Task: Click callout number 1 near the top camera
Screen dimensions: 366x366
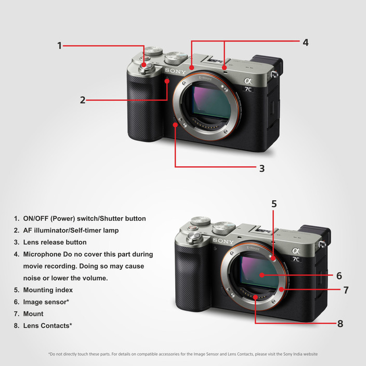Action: pyautogui.click(x=60, y=46)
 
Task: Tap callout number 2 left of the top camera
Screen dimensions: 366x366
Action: pyautogui.click(x=83, y=100)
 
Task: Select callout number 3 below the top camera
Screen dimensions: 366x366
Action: pyautogui.click(x=262, y=168)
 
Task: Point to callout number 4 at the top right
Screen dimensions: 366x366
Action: pyautogui.click(x=306, y=43)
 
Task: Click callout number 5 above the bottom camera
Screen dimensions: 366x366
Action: pyautogui.click(x=274, y=204)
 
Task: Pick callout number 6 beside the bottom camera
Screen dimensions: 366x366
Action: pyautogui.click(x=338, y=276)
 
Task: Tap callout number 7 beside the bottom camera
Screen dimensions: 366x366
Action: pyautogui.click(x=345, y=290)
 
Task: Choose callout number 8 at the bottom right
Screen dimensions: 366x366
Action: pyautogui.click(x=340, y=323)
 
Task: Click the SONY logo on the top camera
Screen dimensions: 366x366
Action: pyautogui.click(x=176, y=71)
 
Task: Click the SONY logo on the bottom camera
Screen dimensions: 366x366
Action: pyautogui.click(x=223, y=241)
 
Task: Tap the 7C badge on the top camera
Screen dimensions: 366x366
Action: pyautogui.click(x=249, y=89)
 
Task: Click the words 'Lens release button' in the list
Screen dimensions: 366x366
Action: pyautogui.click(x=55, y=242)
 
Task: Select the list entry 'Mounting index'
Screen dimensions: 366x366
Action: pyautogui.click(x=48, y=290)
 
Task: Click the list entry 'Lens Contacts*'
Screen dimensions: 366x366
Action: pyautogui.click(x=47, y=326)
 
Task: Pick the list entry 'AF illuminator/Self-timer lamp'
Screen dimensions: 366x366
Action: pyautogui.click(x=71, y=230)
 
